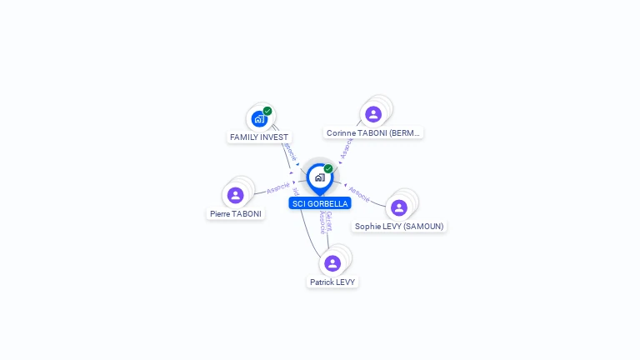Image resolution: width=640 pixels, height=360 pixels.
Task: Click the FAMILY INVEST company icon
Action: tap(259, 119)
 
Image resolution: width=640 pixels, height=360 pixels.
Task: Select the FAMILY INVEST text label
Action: tap(259, 137)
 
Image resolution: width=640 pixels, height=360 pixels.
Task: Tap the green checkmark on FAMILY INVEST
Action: tap(267, 111)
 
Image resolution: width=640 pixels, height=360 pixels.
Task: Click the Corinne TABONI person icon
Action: tap(373, 114)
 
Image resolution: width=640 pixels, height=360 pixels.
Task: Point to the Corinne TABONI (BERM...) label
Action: tap(374, 132)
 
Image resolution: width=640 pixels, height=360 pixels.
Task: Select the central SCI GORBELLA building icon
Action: tap(319, 177)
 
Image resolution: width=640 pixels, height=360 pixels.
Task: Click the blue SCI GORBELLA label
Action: tap(320, 203)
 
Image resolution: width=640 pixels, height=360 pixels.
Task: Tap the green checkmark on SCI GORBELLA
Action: tap(328, 168)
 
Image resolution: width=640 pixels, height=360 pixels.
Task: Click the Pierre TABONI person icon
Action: tap(236, 195)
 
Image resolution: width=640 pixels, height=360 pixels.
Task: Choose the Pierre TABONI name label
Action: tap(236, 214)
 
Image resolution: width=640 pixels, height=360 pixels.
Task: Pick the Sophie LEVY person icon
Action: tap(399, 207)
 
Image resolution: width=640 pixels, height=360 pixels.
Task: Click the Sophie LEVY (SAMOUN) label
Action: tap(399, 226)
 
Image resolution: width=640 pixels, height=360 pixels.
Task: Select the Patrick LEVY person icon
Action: tap(332, 263)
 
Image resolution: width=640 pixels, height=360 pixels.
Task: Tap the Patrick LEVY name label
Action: tap(332, 282)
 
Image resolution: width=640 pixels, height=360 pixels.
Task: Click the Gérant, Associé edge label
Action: tap(326, 222)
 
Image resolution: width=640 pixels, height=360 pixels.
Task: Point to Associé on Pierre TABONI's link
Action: tap(278, 187)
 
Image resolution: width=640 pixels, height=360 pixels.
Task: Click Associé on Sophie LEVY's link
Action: tap(359, 194)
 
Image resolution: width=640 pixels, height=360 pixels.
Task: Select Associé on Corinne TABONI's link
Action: tap(347, 147)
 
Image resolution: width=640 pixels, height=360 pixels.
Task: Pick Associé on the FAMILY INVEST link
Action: tap(289, 151)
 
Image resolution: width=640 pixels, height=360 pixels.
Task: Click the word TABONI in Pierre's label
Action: tap(247, 214)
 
